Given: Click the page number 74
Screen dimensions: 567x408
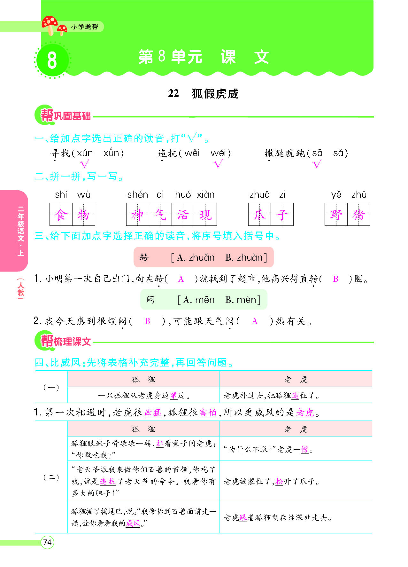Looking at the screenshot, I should [47, 542].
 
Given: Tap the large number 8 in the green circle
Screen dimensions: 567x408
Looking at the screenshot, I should [52, 60].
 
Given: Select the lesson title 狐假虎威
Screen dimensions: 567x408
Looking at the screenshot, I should [215, 94].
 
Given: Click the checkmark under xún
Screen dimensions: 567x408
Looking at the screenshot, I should [85, 164].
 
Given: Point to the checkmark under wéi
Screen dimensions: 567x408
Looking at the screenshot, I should [218, 164].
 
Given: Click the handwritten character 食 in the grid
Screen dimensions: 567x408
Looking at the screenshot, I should [61, 214].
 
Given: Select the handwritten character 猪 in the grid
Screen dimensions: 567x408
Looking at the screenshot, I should [358, 214].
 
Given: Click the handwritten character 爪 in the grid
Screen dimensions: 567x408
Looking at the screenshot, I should [259, 214].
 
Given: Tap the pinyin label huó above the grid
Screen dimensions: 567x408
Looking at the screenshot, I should [183, 195].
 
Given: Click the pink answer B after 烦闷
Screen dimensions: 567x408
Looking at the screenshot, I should [147, 321].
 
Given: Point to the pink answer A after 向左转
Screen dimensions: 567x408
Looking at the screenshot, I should [181, 279].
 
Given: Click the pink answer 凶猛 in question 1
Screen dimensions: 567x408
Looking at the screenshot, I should [153, 413].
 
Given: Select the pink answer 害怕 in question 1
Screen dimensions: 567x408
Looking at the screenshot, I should [208, 413].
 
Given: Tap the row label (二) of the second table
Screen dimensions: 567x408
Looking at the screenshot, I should [51, 477].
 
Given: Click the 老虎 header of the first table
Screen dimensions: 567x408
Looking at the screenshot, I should [296, 380].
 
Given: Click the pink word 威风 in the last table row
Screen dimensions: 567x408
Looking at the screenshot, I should [133, 524].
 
